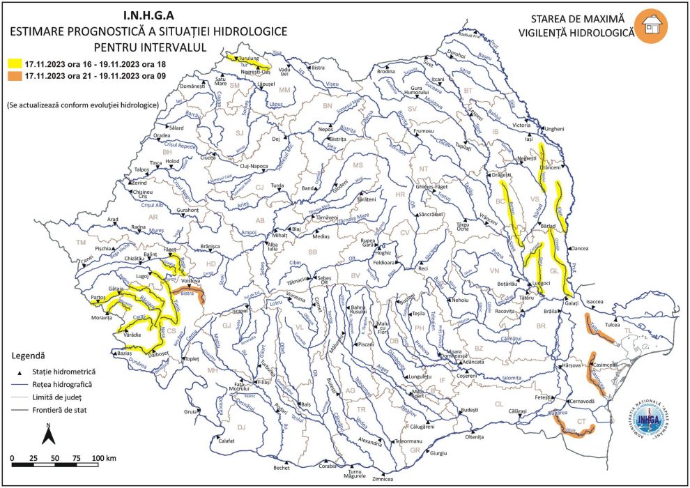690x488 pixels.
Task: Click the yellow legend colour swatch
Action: click(x=13, y=64)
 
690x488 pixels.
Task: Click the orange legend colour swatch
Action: click(x=13, y=76)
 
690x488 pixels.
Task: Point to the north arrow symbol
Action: click(x=47, y=434)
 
